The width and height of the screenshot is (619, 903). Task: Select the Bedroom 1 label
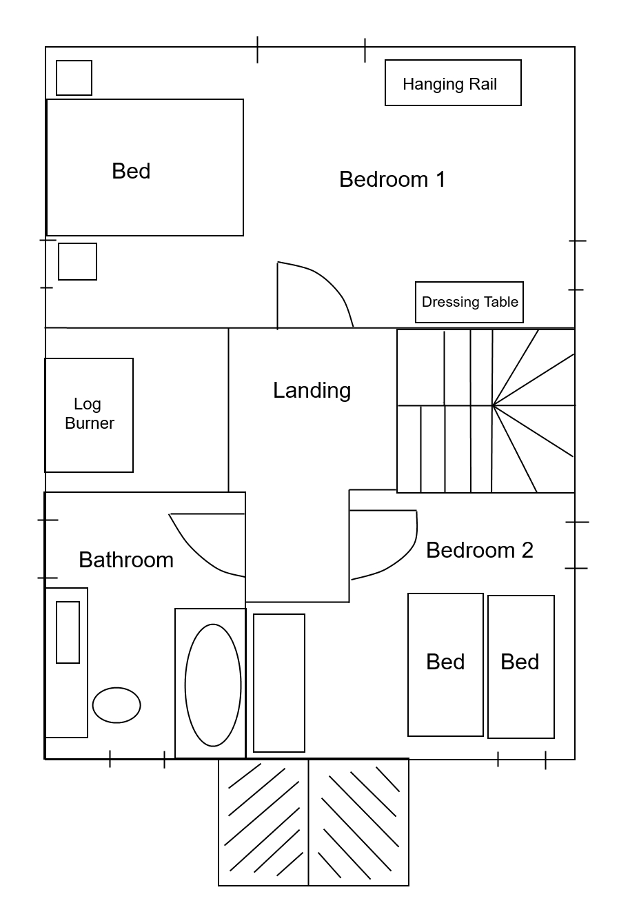point(392,179)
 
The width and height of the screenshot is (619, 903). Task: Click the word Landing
point(312,391)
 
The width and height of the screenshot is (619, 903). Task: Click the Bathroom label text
point(126,560)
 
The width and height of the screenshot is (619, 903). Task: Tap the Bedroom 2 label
point(480,550)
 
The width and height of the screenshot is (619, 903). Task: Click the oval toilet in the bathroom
point(116,705)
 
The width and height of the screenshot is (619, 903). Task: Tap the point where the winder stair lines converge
point(492,405)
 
